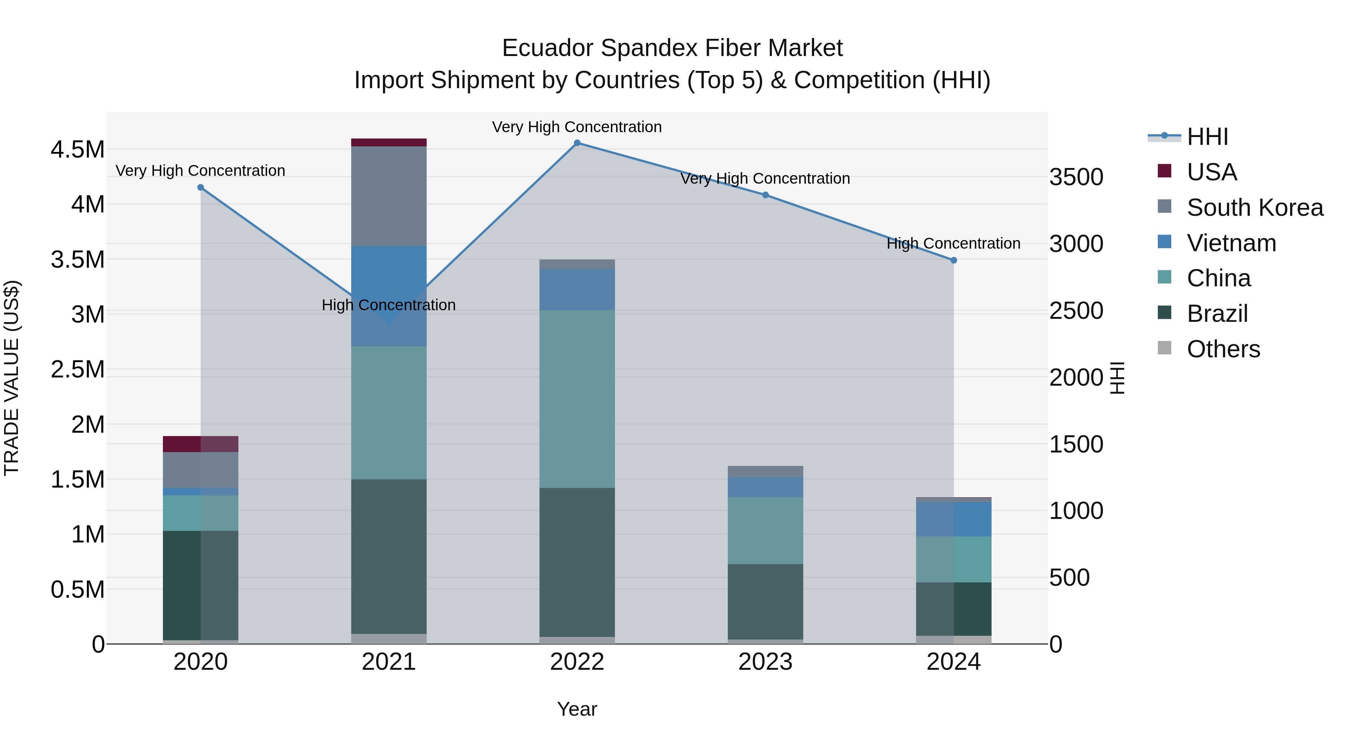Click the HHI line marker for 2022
click(x=577, y=143)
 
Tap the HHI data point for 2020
click(x=201, y=187)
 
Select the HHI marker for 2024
click(x=953, y=260)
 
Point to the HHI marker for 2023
click(x=766, y=195)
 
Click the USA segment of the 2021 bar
click(x=389, y=143)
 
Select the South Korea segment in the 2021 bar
click(x=389, y=196)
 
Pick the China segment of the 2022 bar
click(x=577, y=399)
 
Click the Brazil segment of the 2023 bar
click(x=766, y=601)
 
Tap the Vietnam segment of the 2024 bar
click(x=953, y=519)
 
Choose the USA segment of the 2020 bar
click(x=201, y=444)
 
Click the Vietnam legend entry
click(x=1231, y=243)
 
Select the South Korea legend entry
click(x=1255, y=208)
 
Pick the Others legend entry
click(x=1223, y=349)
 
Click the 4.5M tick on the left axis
click(x=78, y=150)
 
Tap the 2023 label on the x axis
click(x=766, y=662)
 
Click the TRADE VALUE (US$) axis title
click(x=12, y=378)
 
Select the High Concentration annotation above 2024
click(x=953, y=244)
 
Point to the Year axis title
click(x=577, y=709)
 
